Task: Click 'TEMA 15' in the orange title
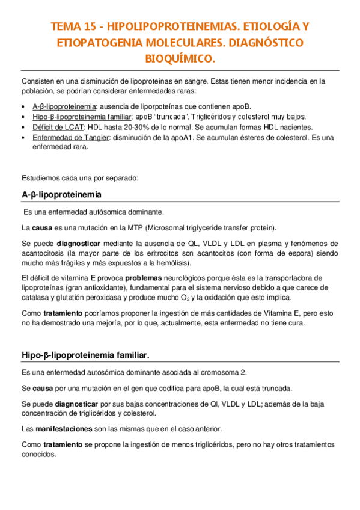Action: (73, 27)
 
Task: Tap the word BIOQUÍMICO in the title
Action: (180, 60)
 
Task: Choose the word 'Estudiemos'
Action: (41, 178)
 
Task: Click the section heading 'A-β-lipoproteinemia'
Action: (61, 195)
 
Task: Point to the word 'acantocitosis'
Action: (43, 253)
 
